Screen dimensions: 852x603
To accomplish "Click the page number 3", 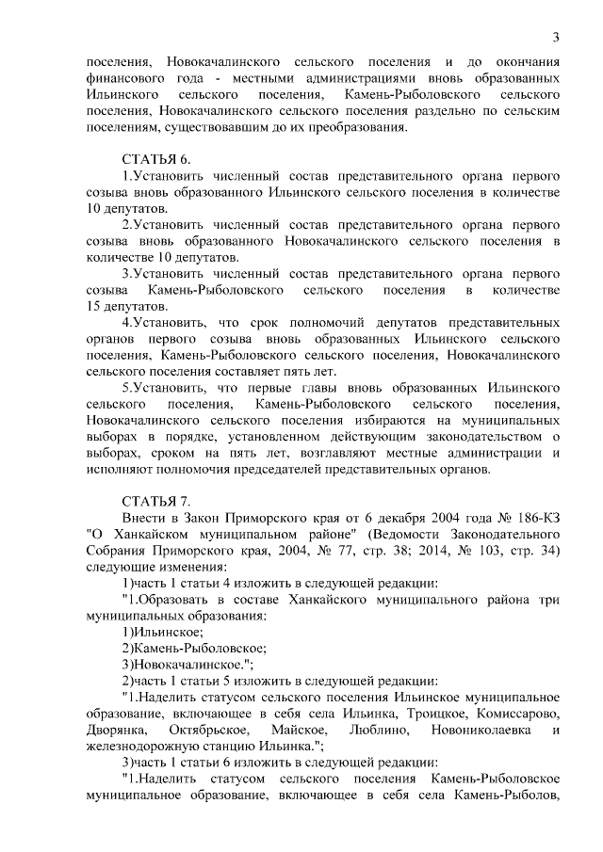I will [557, 37].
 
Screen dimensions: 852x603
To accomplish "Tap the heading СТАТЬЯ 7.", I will [156, 500].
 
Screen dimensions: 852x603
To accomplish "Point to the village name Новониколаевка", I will [481, 730].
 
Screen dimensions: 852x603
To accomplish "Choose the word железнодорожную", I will [143, 746].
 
